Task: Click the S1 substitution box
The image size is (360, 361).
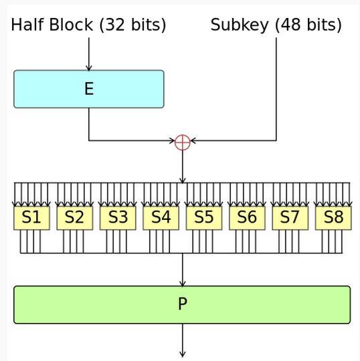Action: (x=32, y=218)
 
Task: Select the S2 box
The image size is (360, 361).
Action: (x=75, y=218)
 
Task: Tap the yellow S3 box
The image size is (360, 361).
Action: (x=118, y=218)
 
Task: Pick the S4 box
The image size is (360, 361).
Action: (x=161, y=218)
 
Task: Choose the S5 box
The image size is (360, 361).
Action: (x=204, y=218)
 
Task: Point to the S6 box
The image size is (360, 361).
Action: (x=248, y=218)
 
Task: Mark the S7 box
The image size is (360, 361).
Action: (x=290, y=218)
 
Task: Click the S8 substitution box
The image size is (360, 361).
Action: (x=333, y=218)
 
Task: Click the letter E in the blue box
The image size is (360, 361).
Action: (x=89, y=89)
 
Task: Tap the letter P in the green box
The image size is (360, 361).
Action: (x=183, y=304)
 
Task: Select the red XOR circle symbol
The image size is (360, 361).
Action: (x=183, y=142)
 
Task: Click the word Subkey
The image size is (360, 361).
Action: (x=240, y=25)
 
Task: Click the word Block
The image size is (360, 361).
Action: (x=71, y=25)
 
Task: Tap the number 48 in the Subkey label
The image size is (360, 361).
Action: (x=291, y=25)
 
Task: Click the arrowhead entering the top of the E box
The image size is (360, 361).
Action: (x=89, y=68)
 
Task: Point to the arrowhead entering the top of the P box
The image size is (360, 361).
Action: (x=183, y=283)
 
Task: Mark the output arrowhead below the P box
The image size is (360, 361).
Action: (x=183, y=354)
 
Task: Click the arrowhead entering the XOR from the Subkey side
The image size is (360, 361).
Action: (x=193, y=140)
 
